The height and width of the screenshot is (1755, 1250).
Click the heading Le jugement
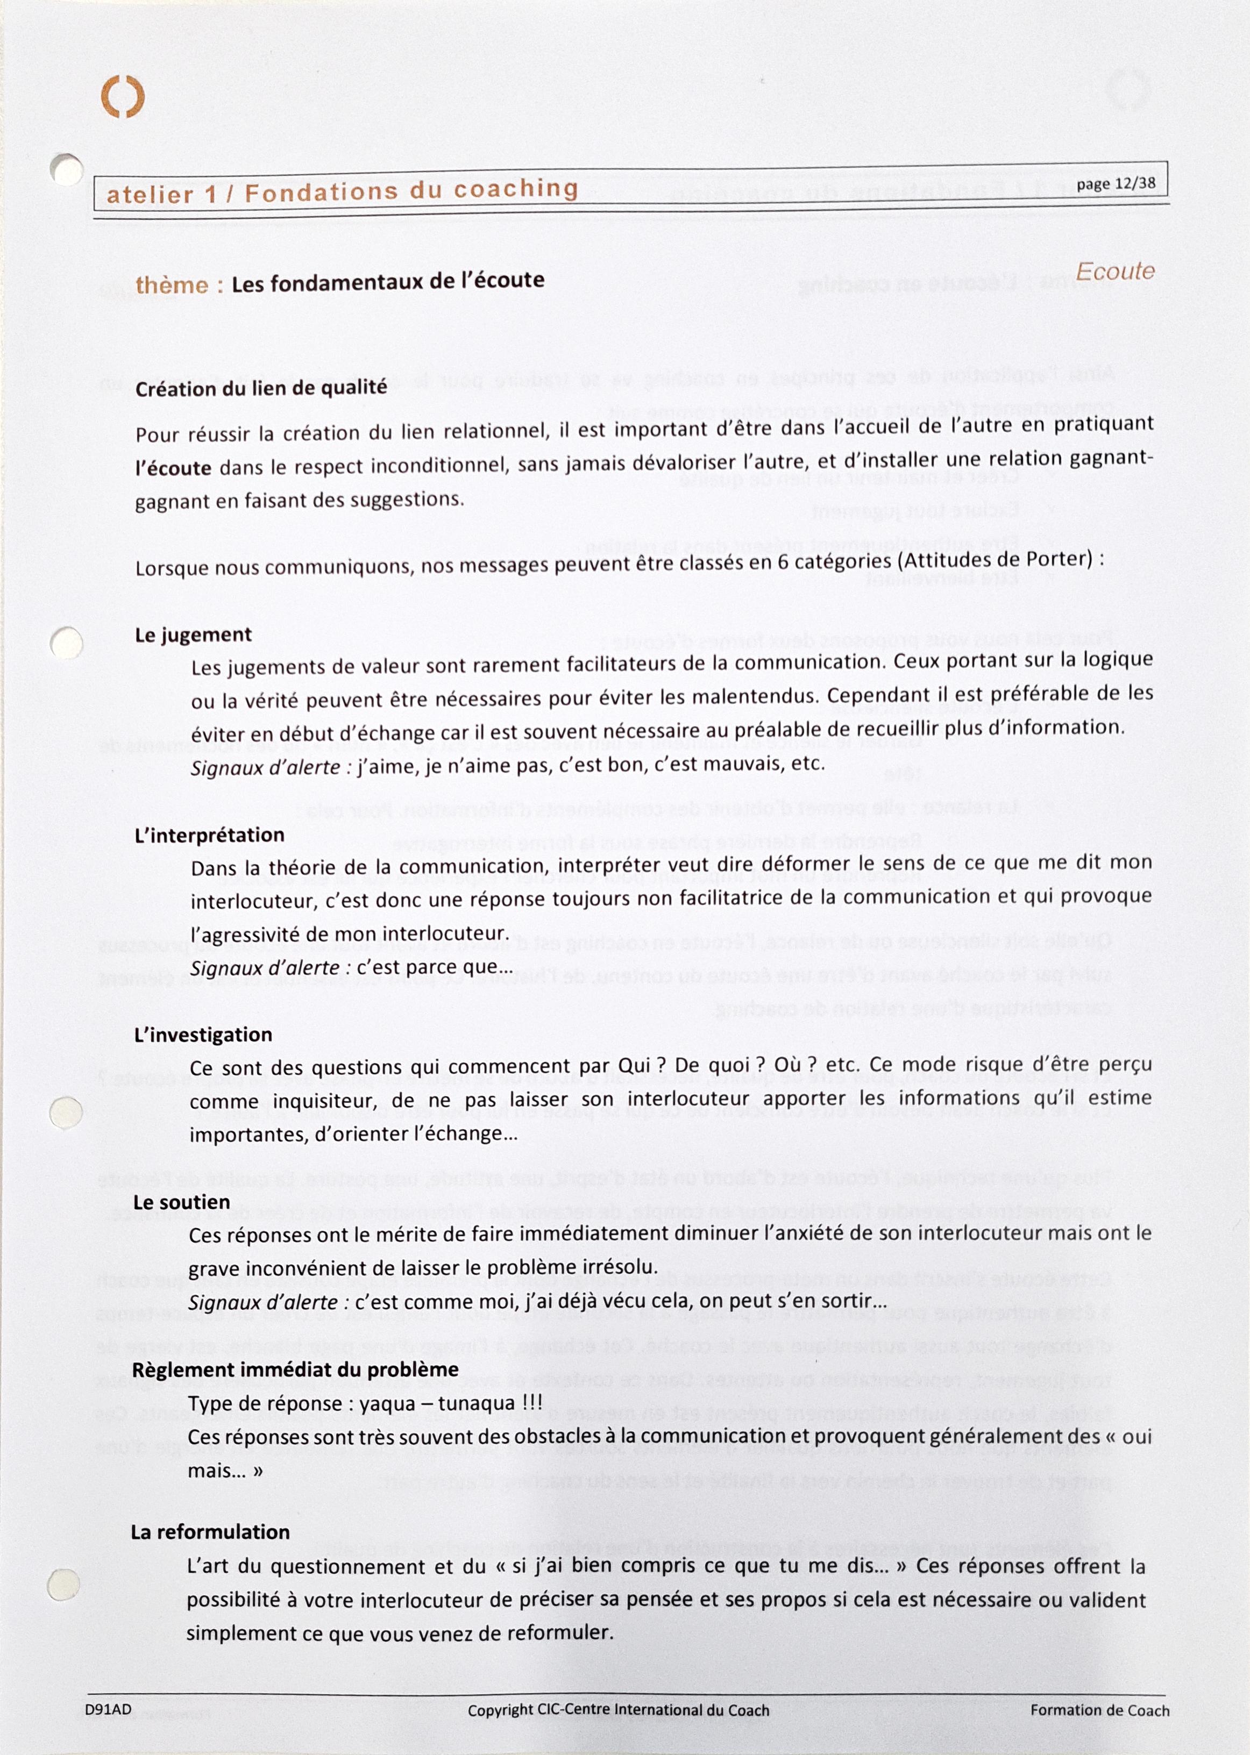coord(193,635)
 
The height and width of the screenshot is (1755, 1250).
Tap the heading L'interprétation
coord(209,836)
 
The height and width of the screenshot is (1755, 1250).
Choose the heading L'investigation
coord(203,1035)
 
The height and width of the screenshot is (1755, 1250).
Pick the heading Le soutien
coord(182,1202)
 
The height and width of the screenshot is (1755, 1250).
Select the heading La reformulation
coord(210,1532)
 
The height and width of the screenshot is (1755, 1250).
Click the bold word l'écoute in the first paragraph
coord(173,468)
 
